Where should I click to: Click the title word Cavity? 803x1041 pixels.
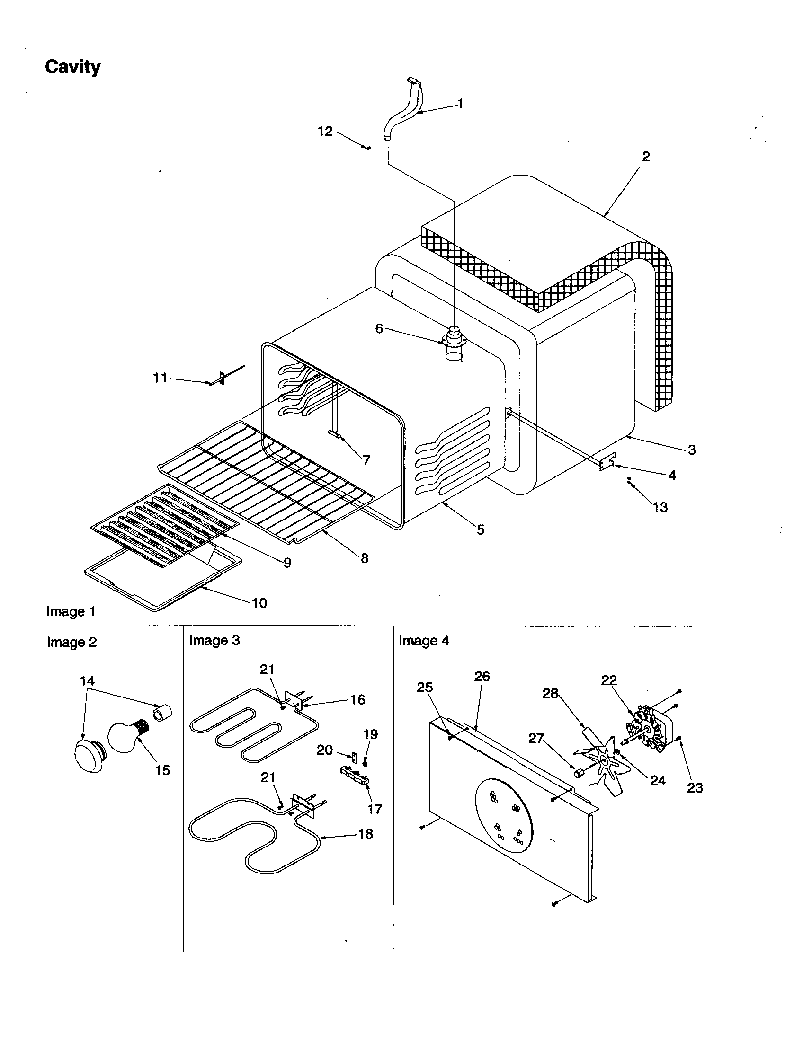(72, 67)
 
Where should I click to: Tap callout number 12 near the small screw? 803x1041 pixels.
(325, 131)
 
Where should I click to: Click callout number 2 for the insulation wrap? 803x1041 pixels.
(646, 156)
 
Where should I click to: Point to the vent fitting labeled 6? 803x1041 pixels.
(454, 339)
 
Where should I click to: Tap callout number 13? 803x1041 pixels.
(660, 507)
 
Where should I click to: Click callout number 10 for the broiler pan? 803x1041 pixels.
(259, 603)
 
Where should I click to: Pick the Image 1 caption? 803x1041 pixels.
(71, 611)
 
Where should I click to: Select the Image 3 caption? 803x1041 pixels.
(214, 640)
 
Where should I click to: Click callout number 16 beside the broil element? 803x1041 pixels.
(357, 699)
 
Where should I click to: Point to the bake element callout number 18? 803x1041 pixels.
(365, 834)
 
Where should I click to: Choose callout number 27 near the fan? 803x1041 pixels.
(536, 738)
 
